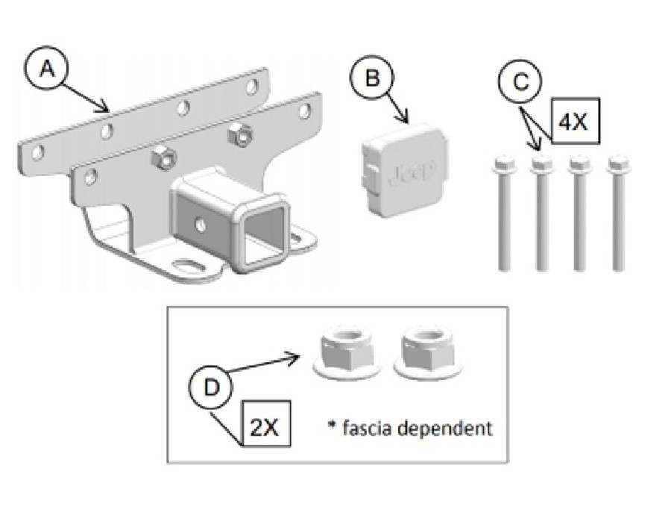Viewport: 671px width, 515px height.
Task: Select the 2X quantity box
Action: pos(265,428)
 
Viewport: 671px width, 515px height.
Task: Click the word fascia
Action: pos(368,428)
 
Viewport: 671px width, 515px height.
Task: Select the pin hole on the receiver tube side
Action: pos(202,222)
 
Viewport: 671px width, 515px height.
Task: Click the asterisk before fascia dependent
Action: pos(332,425)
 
